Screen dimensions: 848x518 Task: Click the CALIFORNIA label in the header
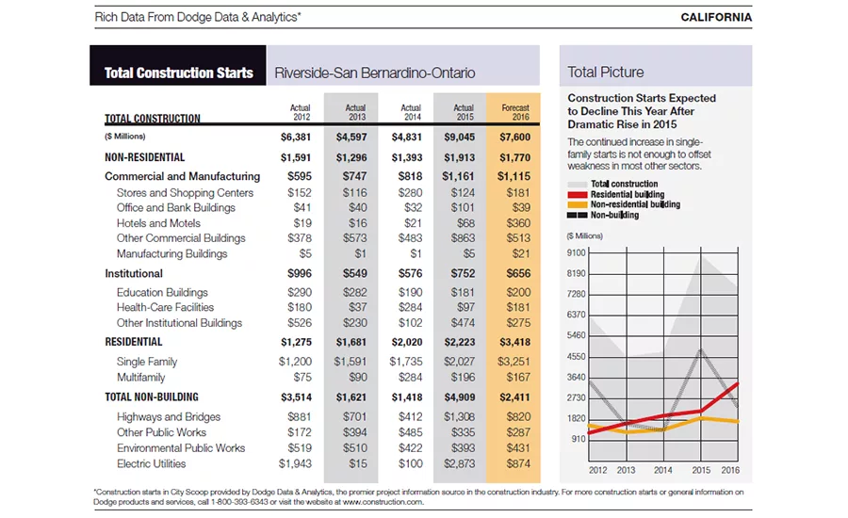click(x=716, y=17)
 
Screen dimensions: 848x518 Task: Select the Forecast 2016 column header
click(x=515, y=112)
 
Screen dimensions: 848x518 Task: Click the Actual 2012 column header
click(x=301, y=112)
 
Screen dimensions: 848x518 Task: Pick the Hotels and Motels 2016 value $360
click(x=518, y=223)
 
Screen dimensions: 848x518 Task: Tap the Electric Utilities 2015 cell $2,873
click(x=459, y=463)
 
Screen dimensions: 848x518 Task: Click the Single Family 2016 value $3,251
click(x=514, y=362)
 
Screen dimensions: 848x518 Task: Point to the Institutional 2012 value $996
click(x=299, y=274)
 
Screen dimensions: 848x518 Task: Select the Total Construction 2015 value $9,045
click(x=459, y=138)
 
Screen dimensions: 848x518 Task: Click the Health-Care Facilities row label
click(x=165, y=307)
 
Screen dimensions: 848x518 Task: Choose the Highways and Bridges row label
click(x=169, y=417)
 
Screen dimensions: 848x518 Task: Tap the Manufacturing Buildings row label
click(x=171, y=253)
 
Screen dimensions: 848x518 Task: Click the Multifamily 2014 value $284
click(x=410, y=377)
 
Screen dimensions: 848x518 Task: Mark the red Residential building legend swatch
click(x=577, y=195)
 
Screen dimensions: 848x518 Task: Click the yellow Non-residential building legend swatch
click(x=577, y=205)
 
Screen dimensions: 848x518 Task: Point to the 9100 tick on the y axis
click(x=576, y=253)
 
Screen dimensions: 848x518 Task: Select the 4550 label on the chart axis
click(x=576, y=357)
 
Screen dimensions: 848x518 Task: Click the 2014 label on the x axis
click(x=663, y=470)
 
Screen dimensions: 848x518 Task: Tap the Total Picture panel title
click(x=605, y=72)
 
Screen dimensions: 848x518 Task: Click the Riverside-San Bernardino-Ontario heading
click(x=375, y=73)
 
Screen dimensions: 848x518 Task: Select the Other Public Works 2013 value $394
click(x=355, y=432)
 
